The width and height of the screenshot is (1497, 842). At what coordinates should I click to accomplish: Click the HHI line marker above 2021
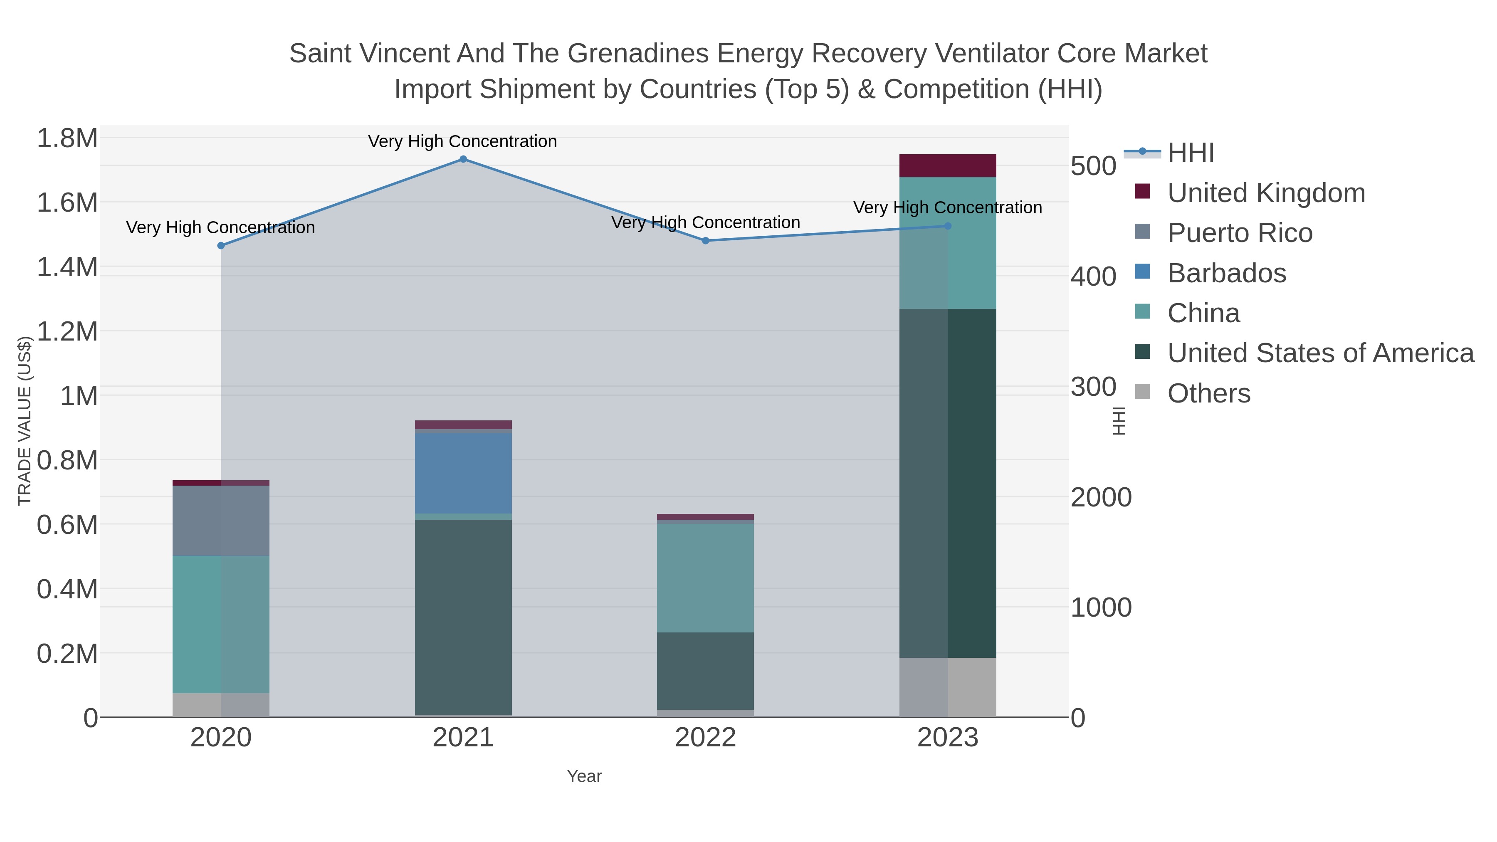click(463, 159)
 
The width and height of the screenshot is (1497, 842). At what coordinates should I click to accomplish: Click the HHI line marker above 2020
click(221, 246)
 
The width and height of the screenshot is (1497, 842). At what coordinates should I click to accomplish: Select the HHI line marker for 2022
click(706, 241)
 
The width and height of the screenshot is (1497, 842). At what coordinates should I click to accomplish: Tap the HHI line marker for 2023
click(948, 226)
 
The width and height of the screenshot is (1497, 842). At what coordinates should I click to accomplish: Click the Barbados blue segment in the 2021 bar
click(463, 473)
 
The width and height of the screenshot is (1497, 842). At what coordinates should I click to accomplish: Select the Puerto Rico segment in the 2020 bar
click(221, 521)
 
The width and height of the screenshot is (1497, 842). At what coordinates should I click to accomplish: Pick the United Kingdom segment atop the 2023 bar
click(948, 165)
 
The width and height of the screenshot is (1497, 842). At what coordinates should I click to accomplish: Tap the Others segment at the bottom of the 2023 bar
click(948, 687)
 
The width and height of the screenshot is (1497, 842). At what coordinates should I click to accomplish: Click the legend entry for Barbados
click(1226, 273)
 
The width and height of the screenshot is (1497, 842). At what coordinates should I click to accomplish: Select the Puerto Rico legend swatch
click(1143, 232)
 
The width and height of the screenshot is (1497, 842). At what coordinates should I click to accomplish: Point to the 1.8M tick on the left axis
click(67, 139)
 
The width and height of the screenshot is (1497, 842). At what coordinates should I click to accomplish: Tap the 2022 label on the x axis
click(706, 738)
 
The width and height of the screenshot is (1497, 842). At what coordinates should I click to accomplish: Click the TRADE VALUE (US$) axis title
click(25, 421)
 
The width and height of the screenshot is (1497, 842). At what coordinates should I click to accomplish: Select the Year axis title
click(584, 776)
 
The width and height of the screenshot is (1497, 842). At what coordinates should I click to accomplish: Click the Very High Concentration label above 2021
click(462, 142)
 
